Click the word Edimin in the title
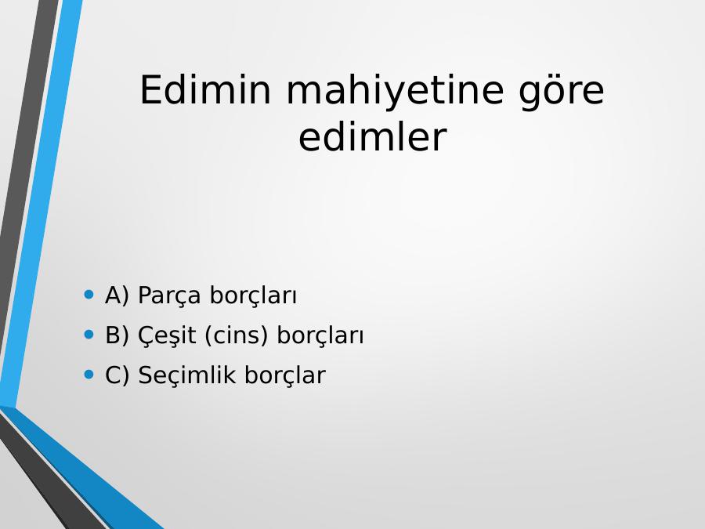coord(205,90)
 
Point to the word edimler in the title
coord(372,137)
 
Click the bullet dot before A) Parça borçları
coord(89,295)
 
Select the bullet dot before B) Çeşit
coord(89,335)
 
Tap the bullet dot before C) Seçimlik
coord(89,375)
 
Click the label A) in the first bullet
coord(117,296)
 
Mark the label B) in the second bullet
coord(117,335)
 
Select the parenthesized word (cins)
coord(236,335)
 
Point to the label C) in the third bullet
coord(117,375)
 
